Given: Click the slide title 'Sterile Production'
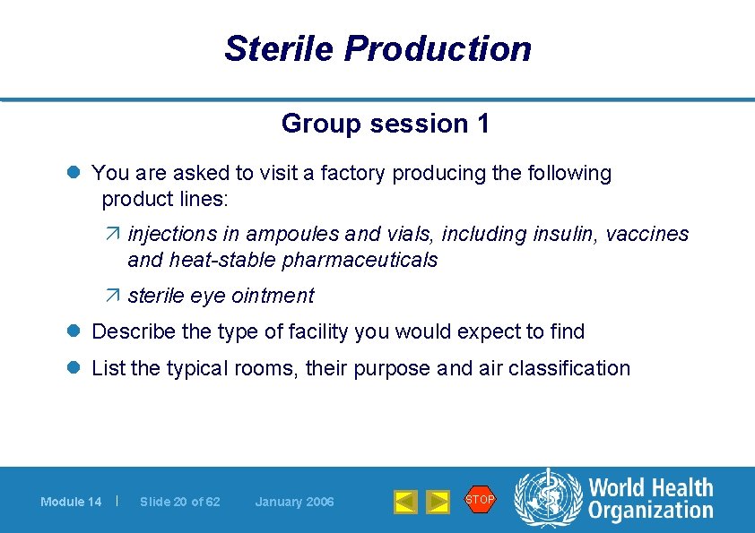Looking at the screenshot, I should pos(377,48).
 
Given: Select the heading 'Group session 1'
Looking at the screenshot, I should pos(386,124).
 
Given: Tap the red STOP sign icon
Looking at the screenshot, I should pos(479,499).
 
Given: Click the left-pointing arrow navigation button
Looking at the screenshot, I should pos(405,502).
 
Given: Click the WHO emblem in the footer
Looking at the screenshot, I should pos(546,498).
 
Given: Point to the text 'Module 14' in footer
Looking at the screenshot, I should pos(71,502).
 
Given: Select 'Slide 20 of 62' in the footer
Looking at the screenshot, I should pos(180,502).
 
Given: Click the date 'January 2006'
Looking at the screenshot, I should pos(294,502).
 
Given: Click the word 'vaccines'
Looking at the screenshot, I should pos(647,234).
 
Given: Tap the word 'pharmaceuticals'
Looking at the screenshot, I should pos(360,261).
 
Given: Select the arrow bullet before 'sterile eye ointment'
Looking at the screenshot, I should pos(113,296).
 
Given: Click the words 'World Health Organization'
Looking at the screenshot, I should pos(650,499).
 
